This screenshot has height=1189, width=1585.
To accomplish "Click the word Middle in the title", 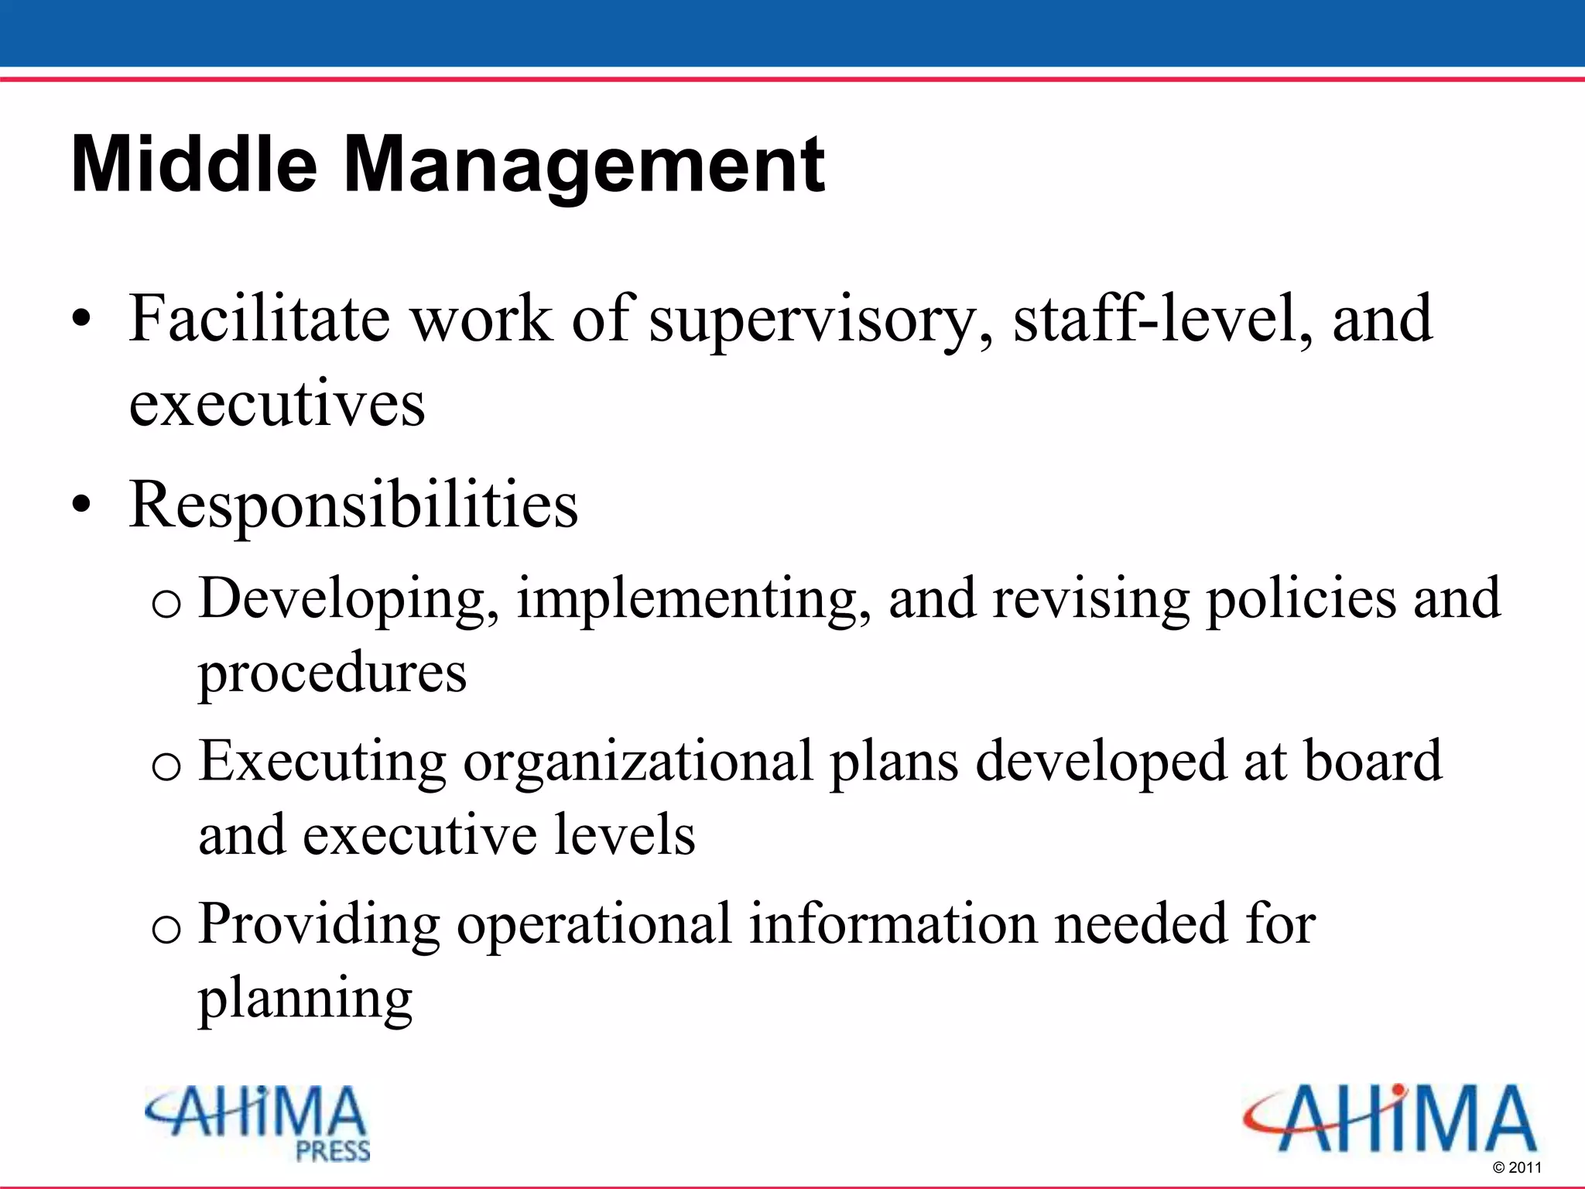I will [193, 165].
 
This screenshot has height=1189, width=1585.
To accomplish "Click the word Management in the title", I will [584, 165].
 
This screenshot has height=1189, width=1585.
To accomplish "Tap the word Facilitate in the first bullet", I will [259, 318].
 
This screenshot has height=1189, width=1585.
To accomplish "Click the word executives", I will [277, 404].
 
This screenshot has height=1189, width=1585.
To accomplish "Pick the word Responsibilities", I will [354, 505].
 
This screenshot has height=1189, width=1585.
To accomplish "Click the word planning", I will [305, 1000].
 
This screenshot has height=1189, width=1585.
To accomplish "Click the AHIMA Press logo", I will [258, 1122].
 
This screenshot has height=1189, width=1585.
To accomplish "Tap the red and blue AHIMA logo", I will [1389, 1119].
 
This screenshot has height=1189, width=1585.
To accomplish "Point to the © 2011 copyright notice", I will [1516, 1167].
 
